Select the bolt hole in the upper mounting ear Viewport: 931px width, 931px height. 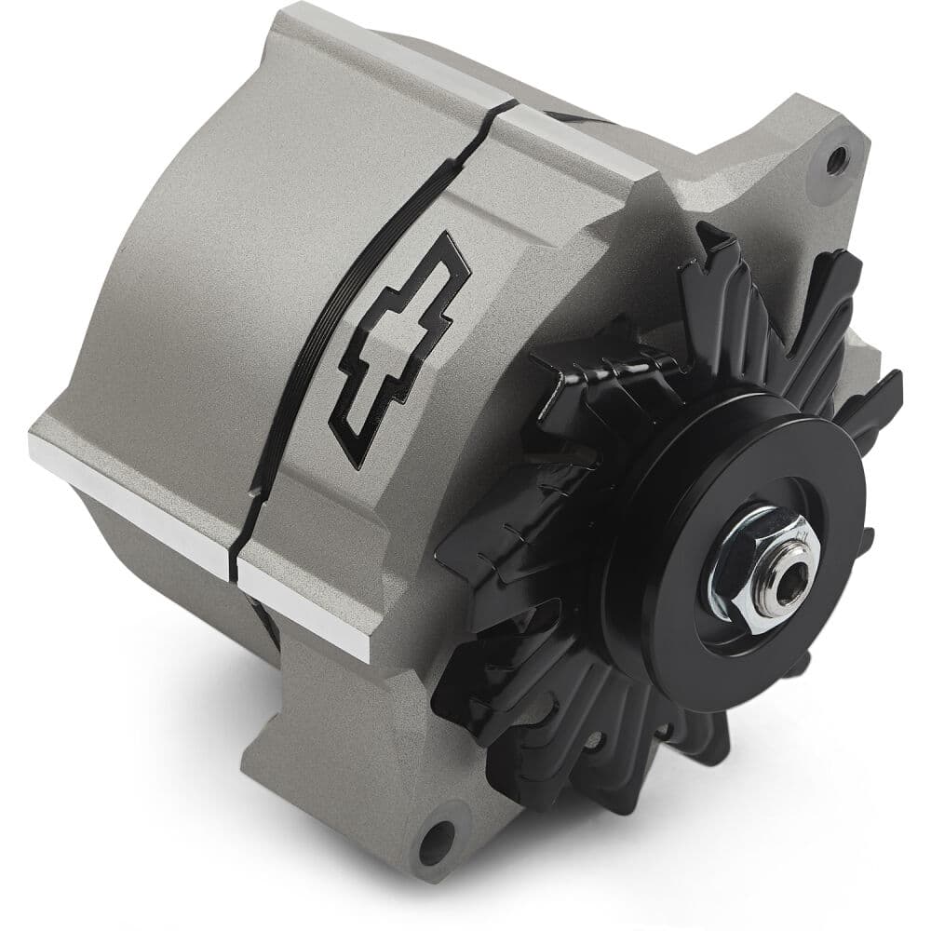(835, 158)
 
